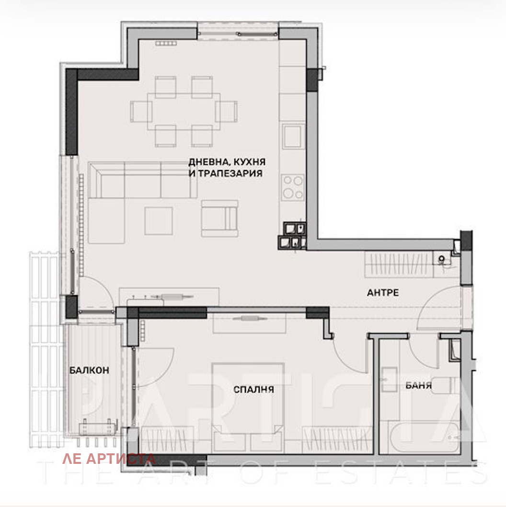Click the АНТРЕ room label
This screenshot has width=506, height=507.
383,292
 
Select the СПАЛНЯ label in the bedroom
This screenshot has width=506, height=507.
253,390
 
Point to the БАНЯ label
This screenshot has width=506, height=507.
418,385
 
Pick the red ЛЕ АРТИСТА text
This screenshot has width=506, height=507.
109,459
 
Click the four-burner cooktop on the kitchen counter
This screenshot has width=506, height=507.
292,187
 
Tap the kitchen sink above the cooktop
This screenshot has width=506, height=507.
292,136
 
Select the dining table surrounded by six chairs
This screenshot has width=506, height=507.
184,111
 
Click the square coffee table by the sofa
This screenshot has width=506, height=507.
158,221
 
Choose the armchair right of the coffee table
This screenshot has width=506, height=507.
219,219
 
